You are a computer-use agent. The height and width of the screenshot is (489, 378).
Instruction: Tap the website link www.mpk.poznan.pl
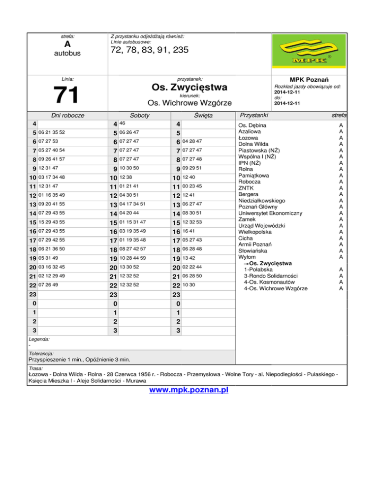tap(189, 391)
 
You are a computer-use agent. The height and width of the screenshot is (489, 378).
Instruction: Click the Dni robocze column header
tap(68, 115)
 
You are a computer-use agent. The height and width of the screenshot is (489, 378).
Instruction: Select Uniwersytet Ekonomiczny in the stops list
tap(270, 213)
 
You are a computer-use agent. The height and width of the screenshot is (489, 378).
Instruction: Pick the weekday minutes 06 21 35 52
tap(52, 132)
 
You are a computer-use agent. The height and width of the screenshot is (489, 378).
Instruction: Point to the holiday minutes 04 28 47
tap(192, 142)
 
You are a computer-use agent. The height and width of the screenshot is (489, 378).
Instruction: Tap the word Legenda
tap(39, 339)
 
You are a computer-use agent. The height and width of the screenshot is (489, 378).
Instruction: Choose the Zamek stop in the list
tap(248, 219)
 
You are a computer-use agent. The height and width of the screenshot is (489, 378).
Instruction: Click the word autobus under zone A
tap(67, 53)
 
